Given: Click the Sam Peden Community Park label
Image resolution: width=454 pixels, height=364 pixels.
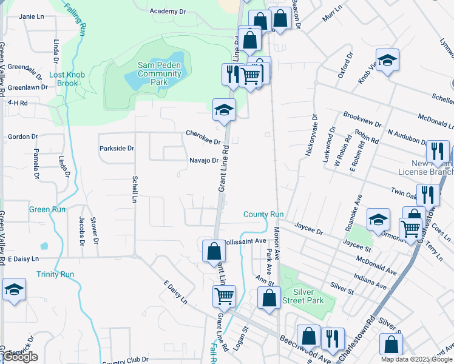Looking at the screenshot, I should [159, 74].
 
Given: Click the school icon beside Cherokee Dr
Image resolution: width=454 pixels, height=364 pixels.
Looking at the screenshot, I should [223, 110].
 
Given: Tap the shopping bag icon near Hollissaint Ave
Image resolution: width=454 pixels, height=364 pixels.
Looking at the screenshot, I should [214, 251].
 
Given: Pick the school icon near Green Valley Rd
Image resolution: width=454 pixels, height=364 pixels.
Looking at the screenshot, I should [14, 290].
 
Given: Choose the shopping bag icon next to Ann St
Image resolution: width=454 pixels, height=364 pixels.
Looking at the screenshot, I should [269, 298].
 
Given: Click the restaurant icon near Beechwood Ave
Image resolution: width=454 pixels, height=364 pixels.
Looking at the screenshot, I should [332, 339].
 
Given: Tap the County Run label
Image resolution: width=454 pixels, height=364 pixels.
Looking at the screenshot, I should [263, 214].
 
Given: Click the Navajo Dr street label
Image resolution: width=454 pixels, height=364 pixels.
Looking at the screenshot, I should [202, 160].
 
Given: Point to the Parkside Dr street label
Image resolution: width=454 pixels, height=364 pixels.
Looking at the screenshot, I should [117, 148].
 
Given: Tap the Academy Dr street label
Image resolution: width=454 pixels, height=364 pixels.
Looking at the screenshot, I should [168, 12].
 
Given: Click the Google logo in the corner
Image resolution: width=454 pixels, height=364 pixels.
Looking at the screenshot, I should [20, 357].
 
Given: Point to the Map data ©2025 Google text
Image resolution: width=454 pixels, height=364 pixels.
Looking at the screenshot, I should [417, 359].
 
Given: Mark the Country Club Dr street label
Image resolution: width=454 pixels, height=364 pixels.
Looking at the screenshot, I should [125, 361].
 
